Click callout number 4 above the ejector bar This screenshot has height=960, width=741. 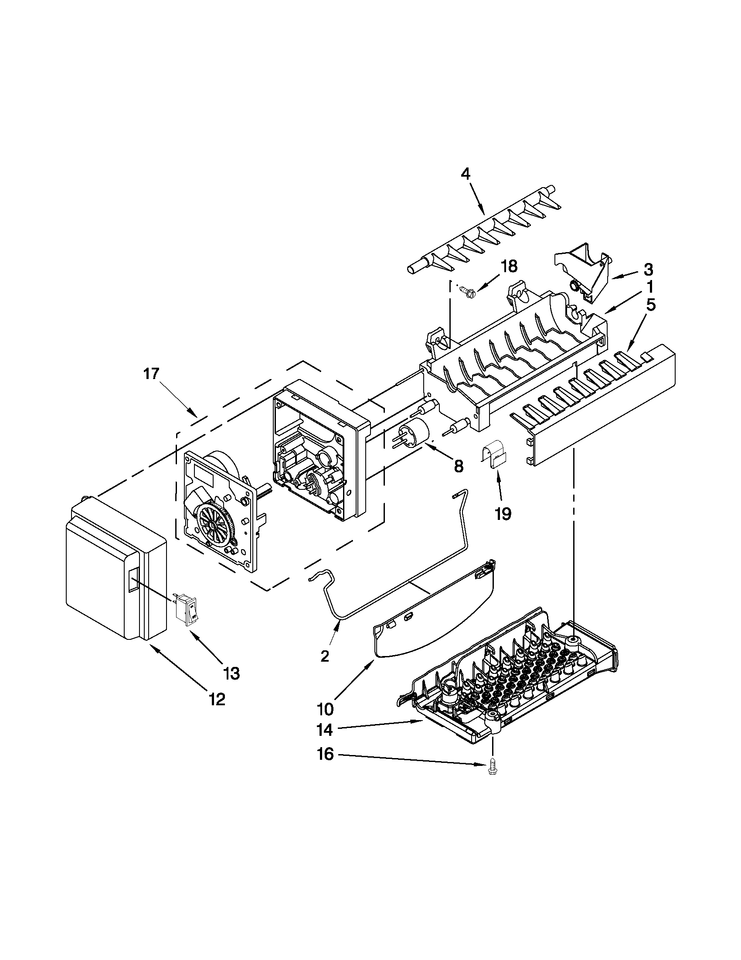[x=465, y=174]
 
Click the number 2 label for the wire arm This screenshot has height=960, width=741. [x=324, y=669]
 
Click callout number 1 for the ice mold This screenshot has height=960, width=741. [x=649, y=287]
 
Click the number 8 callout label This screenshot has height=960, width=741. [x=458, y=466]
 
